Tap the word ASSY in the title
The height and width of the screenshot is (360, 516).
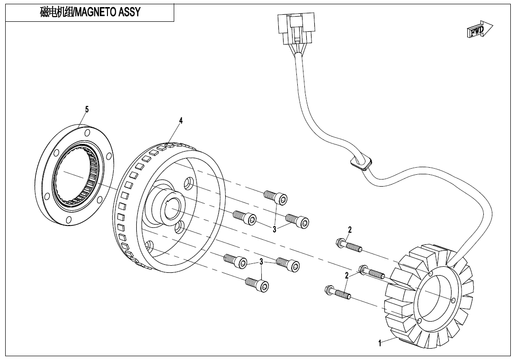[131, 12]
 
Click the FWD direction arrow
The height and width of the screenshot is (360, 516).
[479, 30]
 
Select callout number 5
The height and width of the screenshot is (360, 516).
[87, 109]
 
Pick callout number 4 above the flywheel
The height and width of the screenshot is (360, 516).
[180, 121]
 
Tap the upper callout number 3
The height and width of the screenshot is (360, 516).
[274, 230]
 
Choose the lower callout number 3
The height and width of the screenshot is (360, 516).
[261, 261]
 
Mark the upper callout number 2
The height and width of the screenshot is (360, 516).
[350, 230]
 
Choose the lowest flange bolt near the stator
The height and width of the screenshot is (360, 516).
[337, 292]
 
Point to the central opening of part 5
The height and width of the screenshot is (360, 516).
[76, 176]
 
